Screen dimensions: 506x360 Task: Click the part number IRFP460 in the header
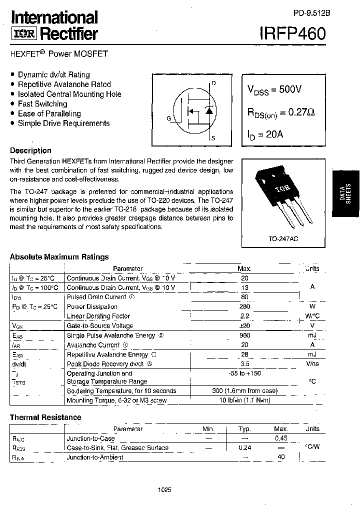(x=292, y=33)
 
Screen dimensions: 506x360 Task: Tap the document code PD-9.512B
(x=309, y=14)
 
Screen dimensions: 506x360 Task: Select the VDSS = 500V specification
(x=274, y=89)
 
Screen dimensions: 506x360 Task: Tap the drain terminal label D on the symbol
(x=214, y=83)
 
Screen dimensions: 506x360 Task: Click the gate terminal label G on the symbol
(x=169, y=118)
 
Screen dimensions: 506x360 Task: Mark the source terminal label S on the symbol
(x=213, y=138)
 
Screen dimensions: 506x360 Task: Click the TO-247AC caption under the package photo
(x=282, y=239)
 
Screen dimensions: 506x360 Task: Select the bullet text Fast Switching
(x=42, y=104)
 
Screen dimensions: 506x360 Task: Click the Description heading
(x=30, y=150)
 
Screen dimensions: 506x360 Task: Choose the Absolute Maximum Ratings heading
(x=59, y=257)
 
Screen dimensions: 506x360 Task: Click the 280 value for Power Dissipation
(x=244, y=306)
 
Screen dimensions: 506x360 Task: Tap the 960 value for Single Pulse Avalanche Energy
(x=244, y=335)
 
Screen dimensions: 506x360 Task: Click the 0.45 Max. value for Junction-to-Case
(x=281, y=438)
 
